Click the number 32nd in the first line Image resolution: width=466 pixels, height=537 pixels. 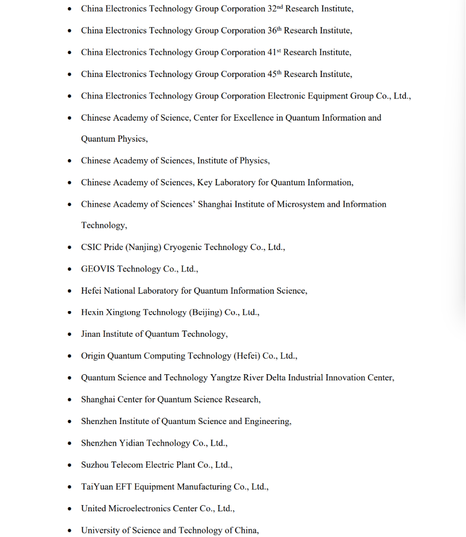(275, 9)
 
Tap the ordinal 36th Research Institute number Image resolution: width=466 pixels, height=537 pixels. (275, 30)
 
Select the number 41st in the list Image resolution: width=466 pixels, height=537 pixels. (274, 52)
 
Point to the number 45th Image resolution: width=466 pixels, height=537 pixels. (275, 74)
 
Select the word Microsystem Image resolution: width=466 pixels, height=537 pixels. (301, 204)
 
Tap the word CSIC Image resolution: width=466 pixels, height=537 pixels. (91, 247)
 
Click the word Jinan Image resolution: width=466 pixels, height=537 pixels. (91, 334)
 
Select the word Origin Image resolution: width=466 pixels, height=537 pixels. (93, 356)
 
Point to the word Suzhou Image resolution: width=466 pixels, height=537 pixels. (94, 465)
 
